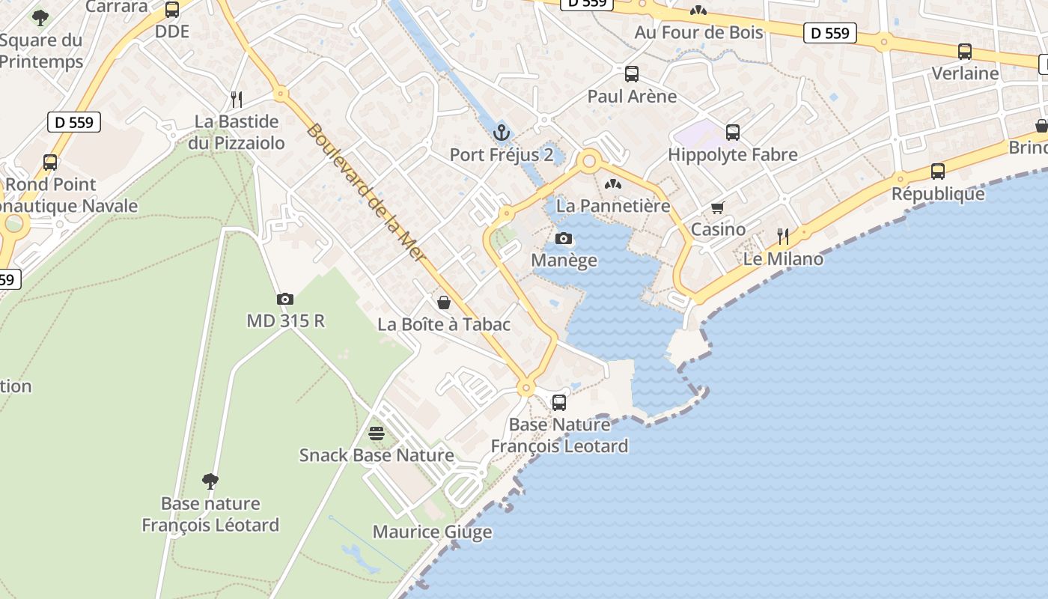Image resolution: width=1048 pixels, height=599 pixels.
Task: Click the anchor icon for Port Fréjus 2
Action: click(502, 133)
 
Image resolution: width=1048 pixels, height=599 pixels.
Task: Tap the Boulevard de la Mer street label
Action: click(366, 192)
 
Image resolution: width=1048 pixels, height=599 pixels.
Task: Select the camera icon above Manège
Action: click(564, 239)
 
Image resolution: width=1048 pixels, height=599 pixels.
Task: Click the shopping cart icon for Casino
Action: click(718, 207)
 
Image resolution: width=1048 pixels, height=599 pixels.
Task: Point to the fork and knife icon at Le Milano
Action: click(783, 237)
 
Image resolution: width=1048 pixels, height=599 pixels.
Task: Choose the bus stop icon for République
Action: click(938, 171)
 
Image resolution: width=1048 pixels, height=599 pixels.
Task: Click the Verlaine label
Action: click(965, 73)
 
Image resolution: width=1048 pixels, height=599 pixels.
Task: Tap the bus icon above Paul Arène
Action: click(632, 74)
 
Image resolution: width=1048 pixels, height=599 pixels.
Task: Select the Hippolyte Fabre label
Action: click(732, 155)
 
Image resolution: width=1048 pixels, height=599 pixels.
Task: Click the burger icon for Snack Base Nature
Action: click(377, 434)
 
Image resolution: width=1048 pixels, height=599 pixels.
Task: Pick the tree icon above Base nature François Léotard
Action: click(210, 481)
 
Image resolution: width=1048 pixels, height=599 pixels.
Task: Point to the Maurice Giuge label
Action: click(432, 532)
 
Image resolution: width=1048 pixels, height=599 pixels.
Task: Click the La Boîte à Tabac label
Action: click(444, 324)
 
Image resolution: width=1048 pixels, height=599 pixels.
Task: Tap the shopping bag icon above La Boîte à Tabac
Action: click(444, 302)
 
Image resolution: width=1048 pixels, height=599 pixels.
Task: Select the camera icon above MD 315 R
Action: click(285, 299)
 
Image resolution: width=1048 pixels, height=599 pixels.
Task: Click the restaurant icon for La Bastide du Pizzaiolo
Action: click(237, 99)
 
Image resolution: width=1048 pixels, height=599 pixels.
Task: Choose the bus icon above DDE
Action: click(172, 10)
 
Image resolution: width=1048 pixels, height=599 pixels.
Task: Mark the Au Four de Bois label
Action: click(698, 32)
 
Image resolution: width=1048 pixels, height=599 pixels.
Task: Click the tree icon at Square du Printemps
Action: click(40, 17)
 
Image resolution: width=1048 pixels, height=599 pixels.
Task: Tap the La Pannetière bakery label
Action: click(612, 205)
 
